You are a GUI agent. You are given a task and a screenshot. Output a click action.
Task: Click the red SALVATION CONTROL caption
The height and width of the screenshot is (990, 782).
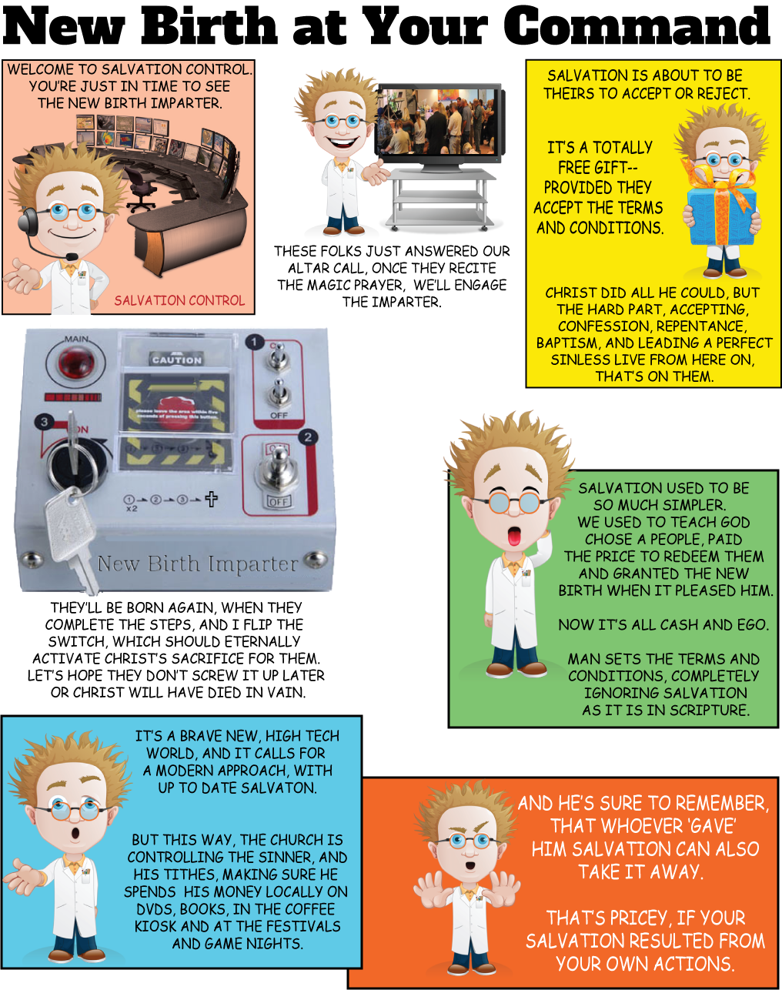point(179,300)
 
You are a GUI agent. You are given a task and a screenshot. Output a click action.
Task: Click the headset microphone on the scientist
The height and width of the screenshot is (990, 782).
point(71,256)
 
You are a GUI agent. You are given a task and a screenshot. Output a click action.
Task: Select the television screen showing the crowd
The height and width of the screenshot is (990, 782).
point(436,122)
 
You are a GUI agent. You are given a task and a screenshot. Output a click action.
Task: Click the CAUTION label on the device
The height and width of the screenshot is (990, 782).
point(177,360)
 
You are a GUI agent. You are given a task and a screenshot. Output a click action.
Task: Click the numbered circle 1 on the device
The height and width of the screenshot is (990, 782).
point(254,343)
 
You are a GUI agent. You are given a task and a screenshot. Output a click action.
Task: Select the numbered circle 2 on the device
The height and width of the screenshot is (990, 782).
point(308,437)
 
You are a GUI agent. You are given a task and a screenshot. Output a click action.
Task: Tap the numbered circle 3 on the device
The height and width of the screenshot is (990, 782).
point(44,422)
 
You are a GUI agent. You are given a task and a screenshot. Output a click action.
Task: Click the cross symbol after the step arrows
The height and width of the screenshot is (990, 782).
point(211,499)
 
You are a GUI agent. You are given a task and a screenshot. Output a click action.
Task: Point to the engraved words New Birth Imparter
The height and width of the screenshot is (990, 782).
point(198,564)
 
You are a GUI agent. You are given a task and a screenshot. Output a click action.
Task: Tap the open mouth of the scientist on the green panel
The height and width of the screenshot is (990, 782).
point(514,536)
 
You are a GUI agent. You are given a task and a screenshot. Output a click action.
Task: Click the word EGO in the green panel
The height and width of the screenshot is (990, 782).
point(750,625)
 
